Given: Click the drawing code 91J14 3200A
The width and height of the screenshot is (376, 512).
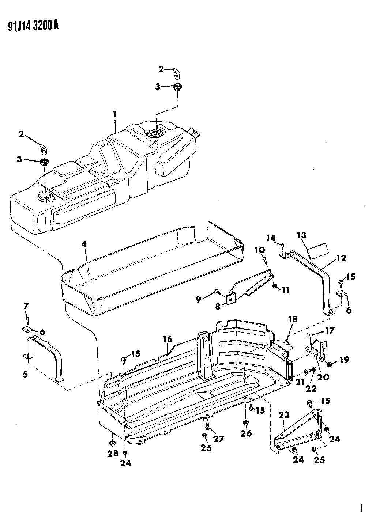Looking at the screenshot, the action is coord(33,26).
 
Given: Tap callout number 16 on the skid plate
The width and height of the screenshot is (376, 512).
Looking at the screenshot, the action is coord(168,339).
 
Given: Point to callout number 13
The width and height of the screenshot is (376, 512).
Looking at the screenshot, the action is coord(302,235).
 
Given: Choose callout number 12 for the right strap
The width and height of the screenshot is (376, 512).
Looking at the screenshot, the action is coord(341,258).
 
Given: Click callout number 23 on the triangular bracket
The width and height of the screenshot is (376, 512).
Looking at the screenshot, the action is coord(284,415).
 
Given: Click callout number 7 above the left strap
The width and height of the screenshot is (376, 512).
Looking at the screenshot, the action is coord(27,306).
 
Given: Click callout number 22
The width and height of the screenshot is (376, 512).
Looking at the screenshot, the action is coord(312,388).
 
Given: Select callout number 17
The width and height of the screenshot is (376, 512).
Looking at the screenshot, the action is coord(330,330).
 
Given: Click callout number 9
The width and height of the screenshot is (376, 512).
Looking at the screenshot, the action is coord(198,299).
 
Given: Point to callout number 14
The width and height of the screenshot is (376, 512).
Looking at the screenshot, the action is coord(271,238).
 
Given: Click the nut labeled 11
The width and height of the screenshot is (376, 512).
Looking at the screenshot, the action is coord(275,286).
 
